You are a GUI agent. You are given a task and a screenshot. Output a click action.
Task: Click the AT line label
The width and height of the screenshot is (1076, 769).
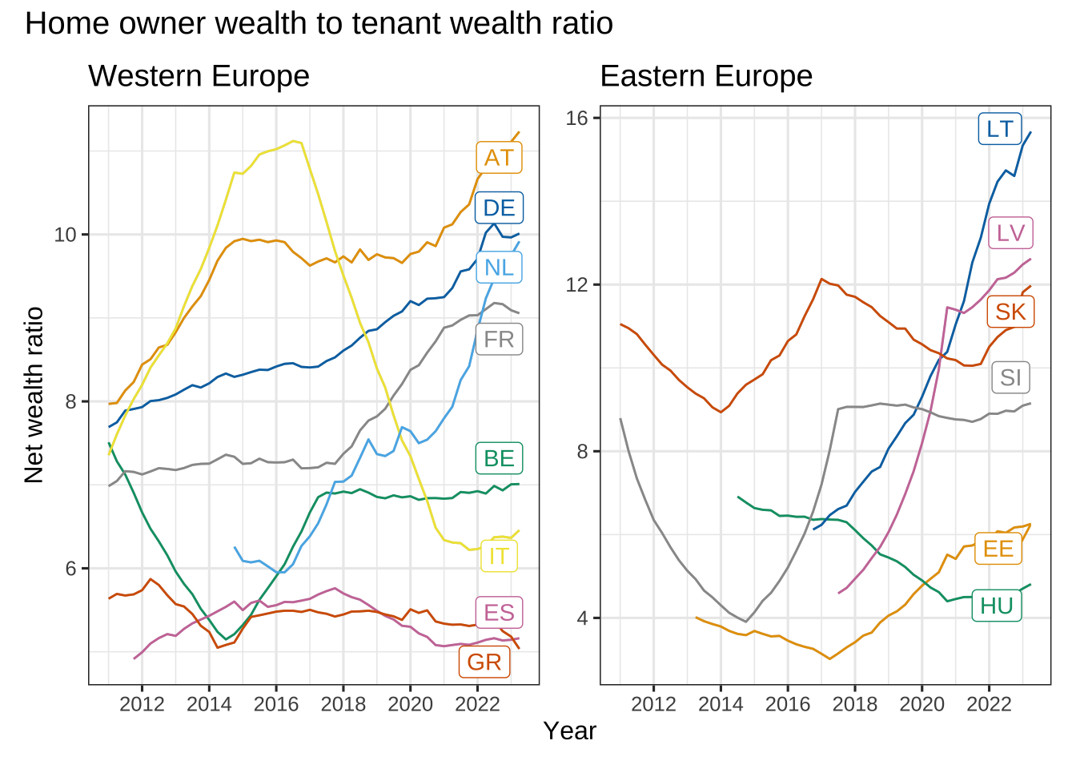(x=499, y=158)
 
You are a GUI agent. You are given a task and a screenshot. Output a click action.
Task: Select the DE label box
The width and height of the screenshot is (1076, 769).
(x=499, y=207)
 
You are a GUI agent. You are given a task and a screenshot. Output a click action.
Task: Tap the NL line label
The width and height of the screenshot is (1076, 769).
(x=499, y=268)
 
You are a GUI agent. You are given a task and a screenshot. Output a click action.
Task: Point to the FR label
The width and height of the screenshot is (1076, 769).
(x=499, y=340)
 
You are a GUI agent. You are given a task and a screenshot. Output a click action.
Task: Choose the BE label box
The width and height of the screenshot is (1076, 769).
(x=499, y=458)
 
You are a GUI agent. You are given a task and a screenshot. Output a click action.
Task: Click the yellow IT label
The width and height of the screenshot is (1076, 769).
(x=499, y=556)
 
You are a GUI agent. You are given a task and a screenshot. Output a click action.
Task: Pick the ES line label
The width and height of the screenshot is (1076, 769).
(x=499, y=612)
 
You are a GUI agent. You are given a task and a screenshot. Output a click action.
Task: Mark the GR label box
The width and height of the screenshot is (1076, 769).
(x=484, y=662)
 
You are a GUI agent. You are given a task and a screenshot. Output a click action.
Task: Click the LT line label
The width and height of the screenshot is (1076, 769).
(x=1000, y=129)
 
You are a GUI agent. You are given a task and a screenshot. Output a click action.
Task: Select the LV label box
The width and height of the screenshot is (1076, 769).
(x=1010, y=233)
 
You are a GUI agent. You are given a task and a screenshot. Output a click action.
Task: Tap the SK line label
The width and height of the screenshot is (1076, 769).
(x=1010, y=312)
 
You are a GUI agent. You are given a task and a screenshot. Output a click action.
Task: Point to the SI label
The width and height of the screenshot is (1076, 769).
(x=1010, y=378)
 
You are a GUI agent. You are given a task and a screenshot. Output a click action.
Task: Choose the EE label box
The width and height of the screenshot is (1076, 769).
(x=998, y=549)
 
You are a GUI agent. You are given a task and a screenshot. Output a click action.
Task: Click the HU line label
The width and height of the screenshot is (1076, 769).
(x=997, y=606)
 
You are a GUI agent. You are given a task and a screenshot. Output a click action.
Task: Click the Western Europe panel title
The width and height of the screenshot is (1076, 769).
(x=199, y=76)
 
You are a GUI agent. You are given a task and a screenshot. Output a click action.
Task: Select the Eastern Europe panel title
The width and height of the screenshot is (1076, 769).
(x=706, y=76)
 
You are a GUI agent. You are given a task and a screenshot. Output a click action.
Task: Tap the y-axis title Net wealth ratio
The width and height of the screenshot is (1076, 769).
(x=34, y=395)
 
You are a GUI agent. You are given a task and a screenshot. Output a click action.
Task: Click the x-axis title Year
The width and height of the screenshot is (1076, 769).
(x=570, y=731)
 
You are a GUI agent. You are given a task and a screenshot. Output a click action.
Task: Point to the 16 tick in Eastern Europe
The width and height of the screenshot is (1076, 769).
(x=576, y=119)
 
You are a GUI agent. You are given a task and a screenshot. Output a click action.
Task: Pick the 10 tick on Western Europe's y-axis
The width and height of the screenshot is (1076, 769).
(x=66, y=235)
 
